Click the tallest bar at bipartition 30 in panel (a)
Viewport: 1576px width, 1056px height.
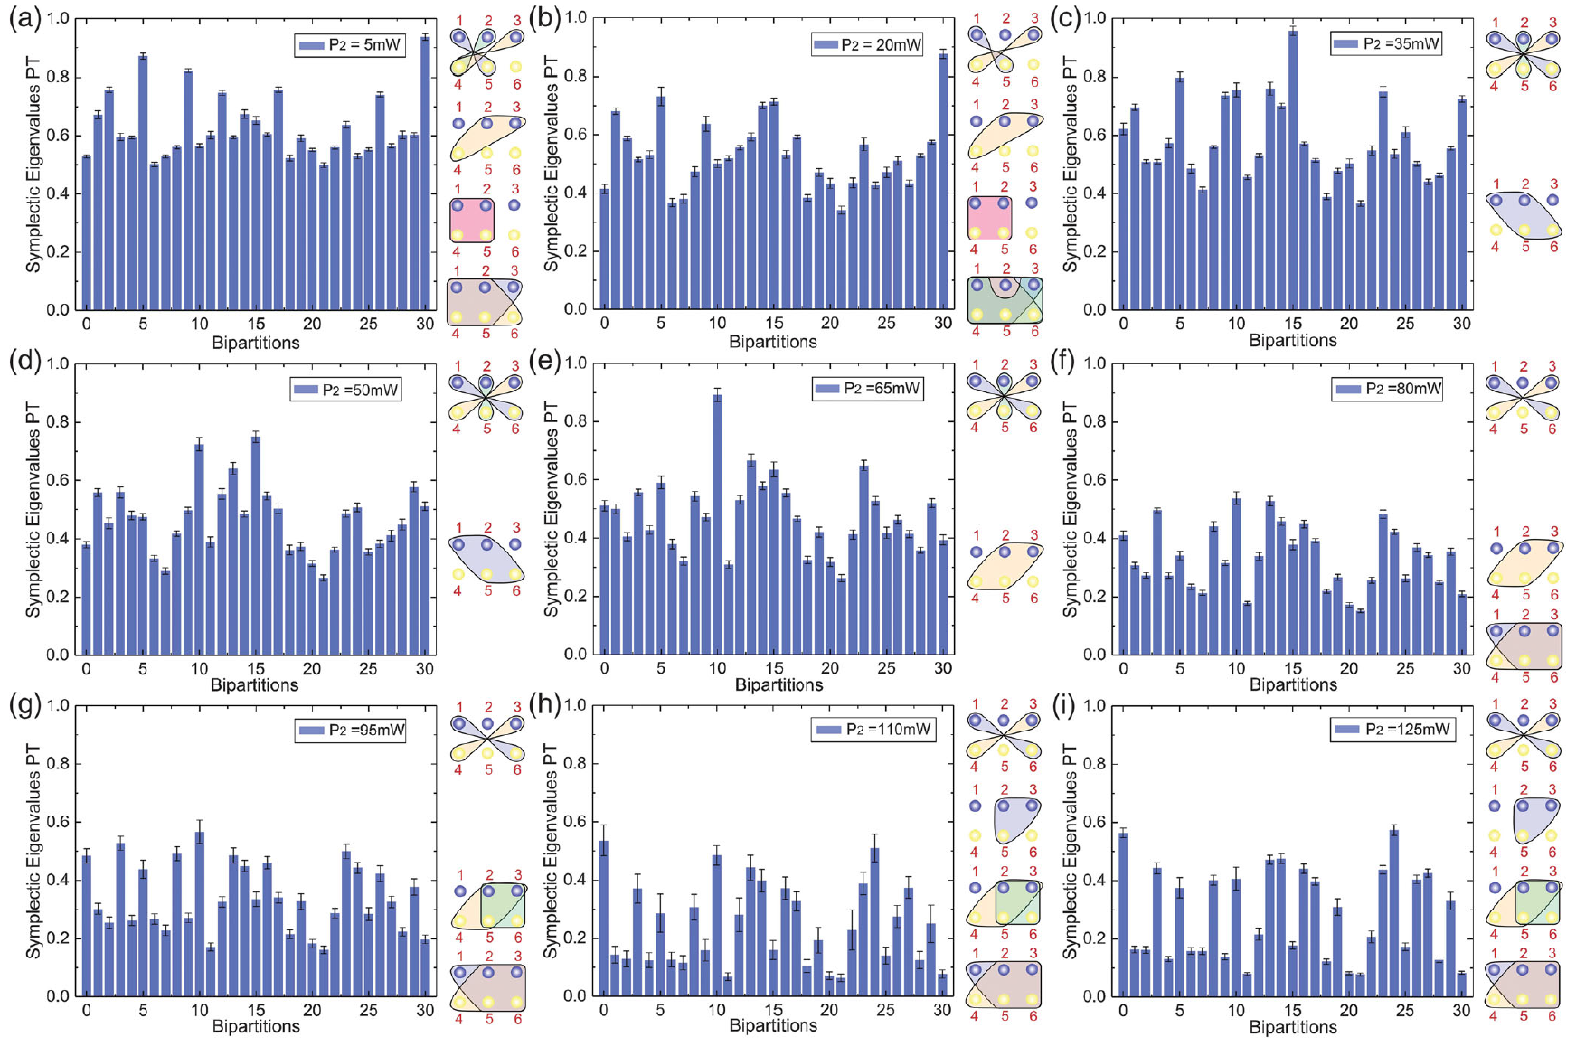point(425,172)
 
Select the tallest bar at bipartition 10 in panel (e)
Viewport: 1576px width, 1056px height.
point(717,524)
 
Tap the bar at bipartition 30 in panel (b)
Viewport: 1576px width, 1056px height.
point(943,181)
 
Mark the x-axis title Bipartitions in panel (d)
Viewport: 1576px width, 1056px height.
point(255,685)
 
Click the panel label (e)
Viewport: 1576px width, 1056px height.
point(545,363)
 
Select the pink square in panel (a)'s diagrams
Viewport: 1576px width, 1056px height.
point(472,220)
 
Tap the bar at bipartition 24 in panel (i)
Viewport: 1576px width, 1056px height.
point(1393,913)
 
